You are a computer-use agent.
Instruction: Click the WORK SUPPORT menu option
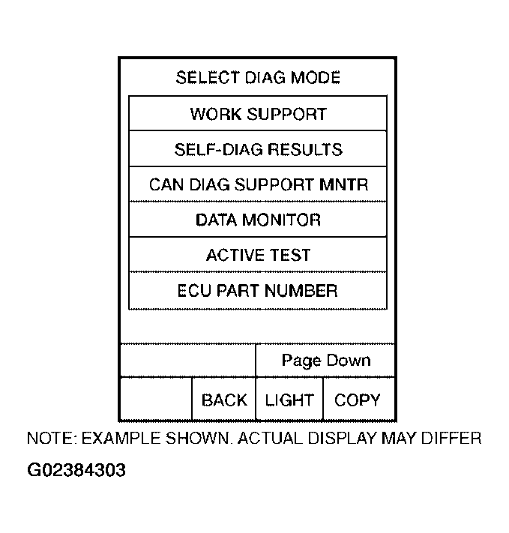pos(258,114)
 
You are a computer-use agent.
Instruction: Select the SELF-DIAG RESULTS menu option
pos(258,149)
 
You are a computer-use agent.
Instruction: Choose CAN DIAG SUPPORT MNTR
pos(258,184)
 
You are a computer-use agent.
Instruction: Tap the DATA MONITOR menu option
pos(258,220)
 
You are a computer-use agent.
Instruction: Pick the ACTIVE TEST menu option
pos(258,255)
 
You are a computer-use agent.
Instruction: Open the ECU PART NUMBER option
pos(258,290)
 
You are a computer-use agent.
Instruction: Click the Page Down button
pos(326,361)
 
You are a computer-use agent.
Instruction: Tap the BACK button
pos(224,400)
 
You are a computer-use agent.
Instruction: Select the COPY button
pos(358,400)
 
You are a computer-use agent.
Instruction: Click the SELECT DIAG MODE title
pos(258,77)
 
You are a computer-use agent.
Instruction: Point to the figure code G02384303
pos(76,471)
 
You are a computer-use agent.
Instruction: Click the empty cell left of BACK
pos(156,400)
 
